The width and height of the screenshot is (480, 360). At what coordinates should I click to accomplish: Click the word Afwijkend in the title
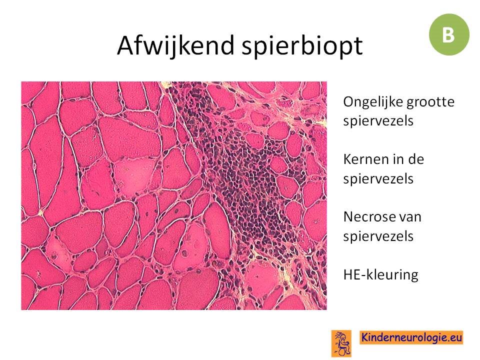(x=175, y=45)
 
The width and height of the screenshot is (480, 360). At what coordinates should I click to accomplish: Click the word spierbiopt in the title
(x=302, y=45)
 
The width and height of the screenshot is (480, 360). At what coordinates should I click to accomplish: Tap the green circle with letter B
(x=449, y=34)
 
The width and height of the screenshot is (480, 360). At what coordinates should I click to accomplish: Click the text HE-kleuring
(x=381, y=274)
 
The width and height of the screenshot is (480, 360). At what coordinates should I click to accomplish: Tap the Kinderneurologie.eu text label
(x=411, y=337)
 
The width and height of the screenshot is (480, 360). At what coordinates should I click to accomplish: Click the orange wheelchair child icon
(x=341, y=343)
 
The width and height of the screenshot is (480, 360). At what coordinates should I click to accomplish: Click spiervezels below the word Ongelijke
(x=378, y=121)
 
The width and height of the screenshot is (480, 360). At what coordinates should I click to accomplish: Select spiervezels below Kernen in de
(x=378, y=179)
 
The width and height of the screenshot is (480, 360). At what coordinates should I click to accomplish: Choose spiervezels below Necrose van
(x=378, y=236)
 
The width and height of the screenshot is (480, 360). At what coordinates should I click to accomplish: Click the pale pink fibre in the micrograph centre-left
(x=134, y=175)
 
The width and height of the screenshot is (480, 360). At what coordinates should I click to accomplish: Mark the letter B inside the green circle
(x=448, y=34)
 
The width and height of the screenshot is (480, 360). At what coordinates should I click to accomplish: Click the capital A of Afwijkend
(x=126, y=45)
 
